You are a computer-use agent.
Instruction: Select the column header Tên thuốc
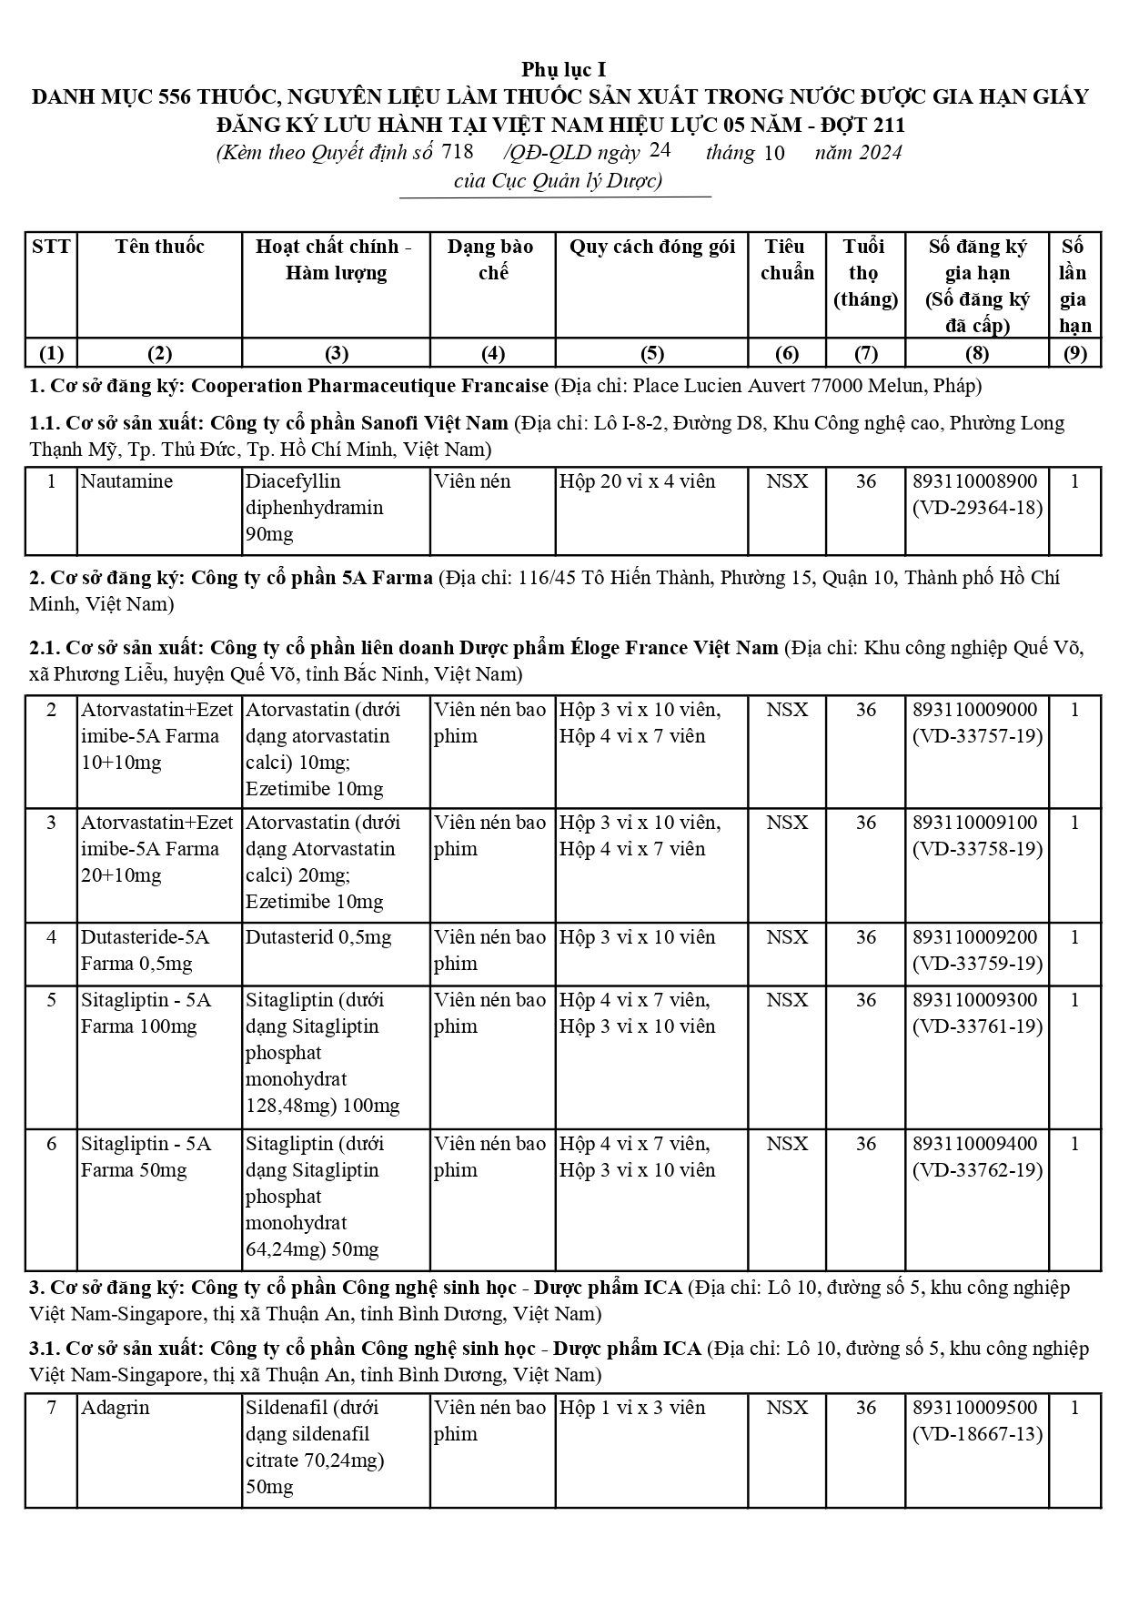(x=160, y=247)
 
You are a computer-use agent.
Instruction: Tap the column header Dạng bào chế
(x=491, y=259)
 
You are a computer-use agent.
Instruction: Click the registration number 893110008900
(x=975, y=481)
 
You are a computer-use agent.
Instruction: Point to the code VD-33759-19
(x=977, y=964)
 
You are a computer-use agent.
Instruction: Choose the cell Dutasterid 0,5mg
(x=318, y=937)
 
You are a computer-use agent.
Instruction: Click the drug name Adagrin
(x=115, y=1408)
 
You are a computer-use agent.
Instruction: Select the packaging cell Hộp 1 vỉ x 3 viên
(x=632, y=1408)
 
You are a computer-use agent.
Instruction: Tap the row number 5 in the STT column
(x=51, y=1000)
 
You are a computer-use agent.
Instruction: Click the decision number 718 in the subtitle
(x=457, y=152)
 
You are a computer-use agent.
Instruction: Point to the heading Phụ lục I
(x=564, y=70)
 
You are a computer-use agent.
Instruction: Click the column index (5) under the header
(x=651, y=353)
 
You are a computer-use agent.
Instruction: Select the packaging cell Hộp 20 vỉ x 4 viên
(x=638, y=481)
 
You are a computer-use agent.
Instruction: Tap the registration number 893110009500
(x=975, y=1408)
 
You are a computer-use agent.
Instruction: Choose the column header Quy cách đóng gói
(x=651, y=247)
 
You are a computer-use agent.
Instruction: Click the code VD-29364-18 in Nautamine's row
(x=977, y=508)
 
